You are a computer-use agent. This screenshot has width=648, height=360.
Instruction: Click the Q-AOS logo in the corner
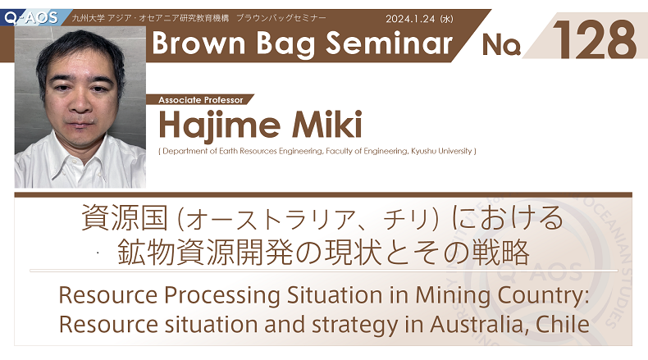31,18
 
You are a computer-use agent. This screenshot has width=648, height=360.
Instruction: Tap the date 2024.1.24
410,19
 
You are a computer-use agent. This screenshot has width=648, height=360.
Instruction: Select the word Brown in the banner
199,43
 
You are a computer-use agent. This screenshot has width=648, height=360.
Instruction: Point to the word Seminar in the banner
389,43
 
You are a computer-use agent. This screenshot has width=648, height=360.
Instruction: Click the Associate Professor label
200,100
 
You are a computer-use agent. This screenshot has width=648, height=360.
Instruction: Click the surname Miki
327,124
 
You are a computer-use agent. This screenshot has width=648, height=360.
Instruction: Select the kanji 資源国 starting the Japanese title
125,218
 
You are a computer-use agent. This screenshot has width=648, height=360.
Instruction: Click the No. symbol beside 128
501,44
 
